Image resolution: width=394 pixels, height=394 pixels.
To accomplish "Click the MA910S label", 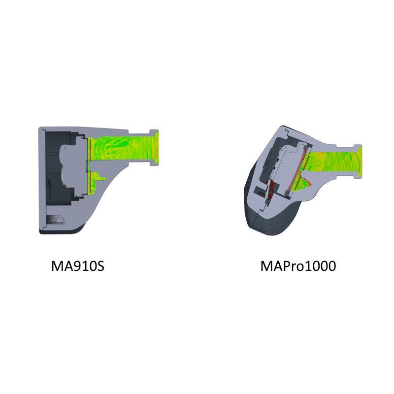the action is click(x=78, y=266).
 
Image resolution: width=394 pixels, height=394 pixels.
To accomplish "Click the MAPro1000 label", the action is click(x=298, y=266).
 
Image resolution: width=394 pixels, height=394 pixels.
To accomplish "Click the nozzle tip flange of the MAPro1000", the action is click(x=358, y=162).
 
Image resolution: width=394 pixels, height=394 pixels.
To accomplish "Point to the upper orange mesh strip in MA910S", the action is click(x=89, y=150).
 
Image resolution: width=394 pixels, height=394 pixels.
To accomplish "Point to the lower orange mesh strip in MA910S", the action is click(x=89, y=182).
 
